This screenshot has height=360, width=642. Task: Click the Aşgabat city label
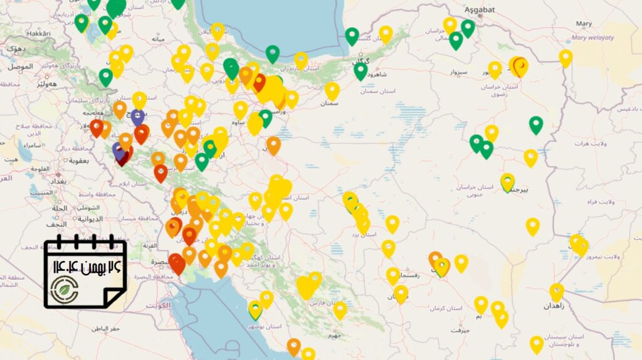[x=480, y=10]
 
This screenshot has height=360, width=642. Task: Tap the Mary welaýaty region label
[x=592, y=38]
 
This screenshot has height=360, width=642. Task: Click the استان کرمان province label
[x=446, y=309]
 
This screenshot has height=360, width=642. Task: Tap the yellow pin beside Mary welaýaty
[x=566, y=58]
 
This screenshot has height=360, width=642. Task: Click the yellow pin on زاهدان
[x=557, y=291]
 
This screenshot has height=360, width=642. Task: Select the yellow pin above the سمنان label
[x=332, y=90]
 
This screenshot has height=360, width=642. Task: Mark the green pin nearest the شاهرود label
[x=360, y=70]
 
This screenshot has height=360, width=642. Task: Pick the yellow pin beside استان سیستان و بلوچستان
[x=537, y=344]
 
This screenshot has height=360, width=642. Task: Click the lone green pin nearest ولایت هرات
[x=535, y=124]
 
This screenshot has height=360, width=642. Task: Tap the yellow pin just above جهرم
[x=340, y=309]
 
